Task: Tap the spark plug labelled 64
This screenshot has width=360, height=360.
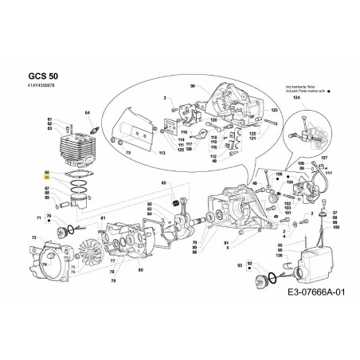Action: (95, 127)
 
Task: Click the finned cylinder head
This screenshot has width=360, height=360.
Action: (69, 147)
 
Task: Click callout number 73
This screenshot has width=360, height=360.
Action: (33, 238)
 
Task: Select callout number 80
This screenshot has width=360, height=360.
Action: (140, 272)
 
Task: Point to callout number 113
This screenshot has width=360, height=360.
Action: (162, 151)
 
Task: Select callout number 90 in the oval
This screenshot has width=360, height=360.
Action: (192, 85)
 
